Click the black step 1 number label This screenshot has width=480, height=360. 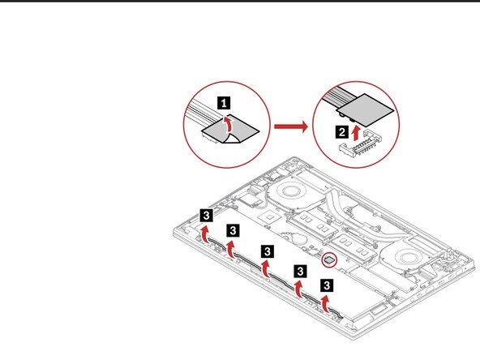(x=226, y=104)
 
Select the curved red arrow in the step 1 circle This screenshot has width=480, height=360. (x=229, y=126)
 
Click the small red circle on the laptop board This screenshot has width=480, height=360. (x=328, y=260)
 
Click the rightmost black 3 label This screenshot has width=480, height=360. (x=326, y=285)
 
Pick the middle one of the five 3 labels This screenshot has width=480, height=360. (x=265, y=249)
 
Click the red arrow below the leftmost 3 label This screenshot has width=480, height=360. (x=205, y=235)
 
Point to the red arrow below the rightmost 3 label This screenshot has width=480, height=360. (x=326, y=304)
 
